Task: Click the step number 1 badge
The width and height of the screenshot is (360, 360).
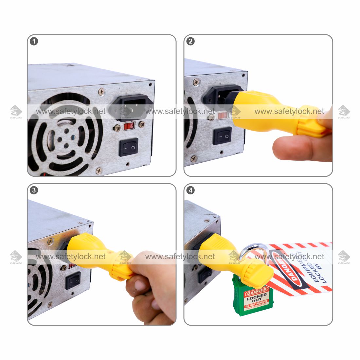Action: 34,42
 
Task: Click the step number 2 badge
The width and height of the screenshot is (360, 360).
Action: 190,42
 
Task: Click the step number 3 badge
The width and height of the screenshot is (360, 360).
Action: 34,190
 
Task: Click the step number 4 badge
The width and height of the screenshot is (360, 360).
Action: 190,190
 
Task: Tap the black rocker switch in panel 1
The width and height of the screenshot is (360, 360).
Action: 128,147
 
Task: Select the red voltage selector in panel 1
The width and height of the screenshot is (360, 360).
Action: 129,126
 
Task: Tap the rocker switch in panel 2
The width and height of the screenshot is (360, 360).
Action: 222,136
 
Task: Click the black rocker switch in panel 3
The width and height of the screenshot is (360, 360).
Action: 73,280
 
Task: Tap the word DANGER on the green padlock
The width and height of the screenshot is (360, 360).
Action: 256,291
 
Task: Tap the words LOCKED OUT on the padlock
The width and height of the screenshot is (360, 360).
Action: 257,298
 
